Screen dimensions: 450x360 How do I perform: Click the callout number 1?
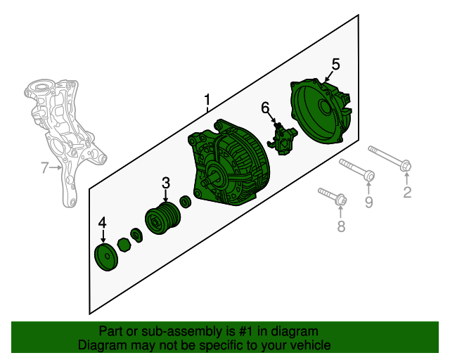coord(207,100)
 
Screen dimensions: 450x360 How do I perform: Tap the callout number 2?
coord(407,192)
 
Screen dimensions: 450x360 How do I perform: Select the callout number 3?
coord(166,183)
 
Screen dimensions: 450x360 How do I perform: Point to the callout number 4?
coord(102,222)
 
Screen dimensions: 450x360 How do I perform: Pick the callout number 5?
coord(335,64)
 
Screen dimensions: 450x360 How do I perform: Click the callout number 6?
coord(266,108)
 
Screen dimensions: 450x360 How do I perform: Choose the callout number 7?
coord(44,167)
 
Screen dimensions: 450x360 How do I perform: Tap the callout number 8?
coord(340,226)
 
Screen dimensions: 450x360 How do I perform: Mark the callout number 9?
coord(368,202)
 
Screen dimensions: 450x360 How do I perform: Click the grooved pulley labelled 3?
coord(162,218)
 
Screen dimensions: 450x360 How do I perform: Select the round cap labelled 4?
coord(106,257)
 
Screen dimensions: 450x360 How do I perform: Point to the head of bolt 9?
coord(369,175)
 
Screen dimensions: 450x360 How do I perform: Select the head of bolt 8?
coord(341,200)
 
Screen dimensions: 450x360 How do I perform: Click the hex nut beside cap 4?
coord(124,245)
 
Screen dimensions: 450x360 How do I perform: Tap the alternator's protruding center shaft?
coord(208,181)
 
